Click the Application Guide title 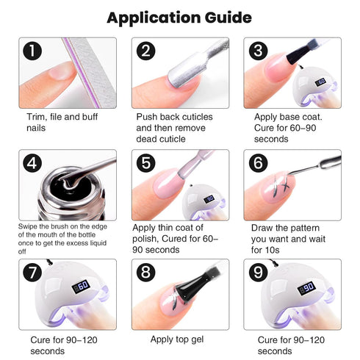point(179,17)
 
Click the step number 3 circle point(257,51)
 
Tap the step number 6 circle point(257,162)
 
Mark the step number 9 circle point(257,271)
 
